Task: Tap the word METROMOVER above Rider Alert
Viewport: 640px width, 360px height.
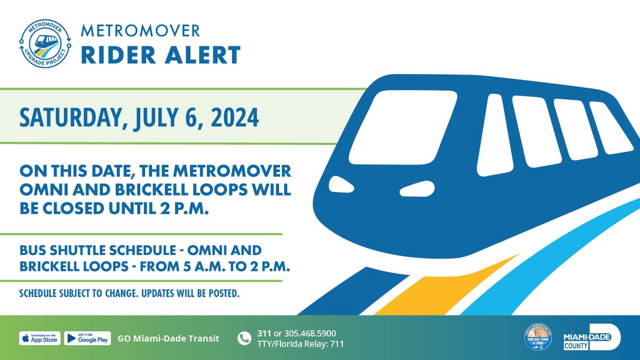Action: (x=140, y=30)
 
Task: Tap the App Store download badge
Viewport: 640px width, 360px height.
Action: (x=40, y=338)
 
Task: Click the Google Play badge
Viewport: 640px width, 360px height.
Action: (x=87, y=338)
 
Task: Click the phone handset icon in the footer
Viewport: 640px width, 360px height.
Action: (x=244, y=339)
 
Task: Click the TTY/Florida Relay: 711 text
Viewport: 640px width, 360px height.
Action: (x=300, y=344)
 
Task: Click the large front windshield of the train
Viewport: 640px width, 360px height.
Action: (x=403, y=127)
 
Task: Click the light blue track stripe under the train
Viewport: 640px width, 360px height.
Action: (x=549, y=256)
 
